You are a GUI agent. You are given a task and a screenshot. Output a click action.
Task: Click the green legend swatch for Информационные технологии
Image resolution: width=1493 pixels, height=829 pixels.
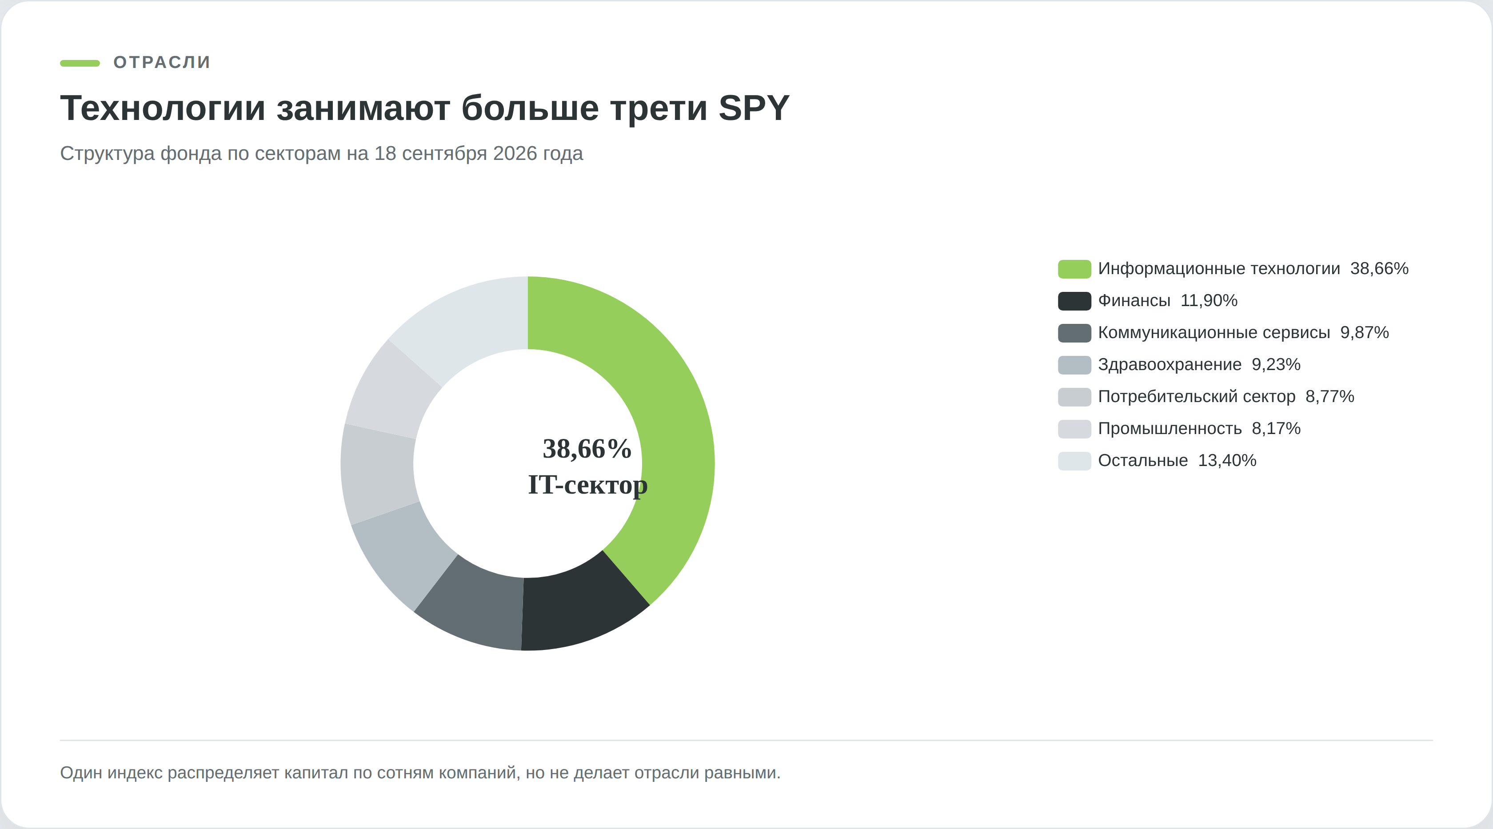1074,269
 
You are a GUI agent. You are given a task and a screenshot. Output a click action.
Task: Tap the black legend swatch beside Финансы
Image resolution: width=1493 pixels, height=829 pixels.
1074,301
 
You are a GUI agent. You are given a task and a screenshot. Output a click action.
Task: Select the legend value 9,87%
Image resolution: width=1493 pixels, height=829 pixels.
1364,332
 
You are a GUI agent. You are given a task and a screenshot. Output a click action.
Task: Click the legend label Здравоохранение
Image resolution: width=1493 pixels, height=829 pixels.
1170,364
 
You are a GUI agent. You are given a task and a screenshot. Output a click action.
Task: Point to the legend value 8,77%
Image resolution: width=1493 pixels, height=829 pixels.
1329,396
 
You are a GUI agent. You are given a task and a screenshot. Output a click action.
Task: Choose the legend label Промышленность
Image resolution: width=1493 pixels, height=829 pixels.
1170,429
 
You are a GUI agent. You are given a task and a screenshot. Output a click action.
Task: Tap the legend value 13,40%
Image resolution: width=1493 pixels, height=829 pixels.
1227,461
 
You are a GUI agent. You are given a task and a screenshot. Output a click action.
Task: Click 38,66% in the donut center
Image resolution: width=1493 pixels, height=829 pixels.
587,449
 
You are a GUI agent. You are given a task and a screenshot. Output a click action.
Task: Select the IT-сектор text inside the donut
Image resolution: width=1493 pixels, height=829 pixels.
588,484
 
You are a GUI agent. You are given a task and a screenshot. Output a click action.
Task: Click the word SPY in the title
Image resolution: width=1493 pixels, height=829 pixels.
754,108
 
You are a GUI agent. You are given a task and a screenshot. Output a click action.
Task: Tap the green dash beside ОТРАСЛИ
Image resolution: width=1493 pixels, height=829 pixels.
80,63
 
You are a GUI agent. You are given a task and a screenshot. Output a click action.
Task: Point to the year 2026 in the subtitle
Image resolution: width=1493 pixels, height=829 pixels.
515,154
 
